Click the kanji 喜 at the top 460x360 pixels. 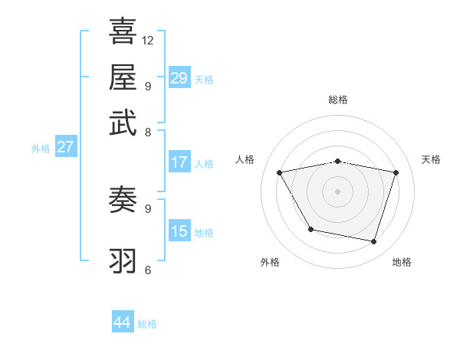[123, 31]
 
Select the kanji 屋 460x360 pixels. [123, 77]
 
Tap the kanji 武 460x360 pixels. [123, 122]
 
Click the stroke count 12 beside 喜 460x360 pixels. [148, 40]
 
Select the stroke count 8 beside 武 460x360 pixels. [147, 132]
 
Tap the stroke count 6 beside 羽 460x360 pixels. [147, 270]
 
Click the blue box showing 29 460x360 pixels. [179, 78]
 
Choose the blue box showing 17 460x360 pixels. [179, 162]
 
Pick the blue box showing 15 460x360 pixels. [179, 231]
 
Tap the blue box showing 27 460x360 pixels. [65, 147]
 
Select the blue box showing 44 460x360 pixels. [123, 323]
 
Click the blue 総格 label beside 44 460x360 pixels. [147, 324]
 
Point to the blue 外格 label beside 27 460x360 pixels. [40, 149]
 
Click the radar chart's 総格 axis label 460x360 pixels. [338, 100]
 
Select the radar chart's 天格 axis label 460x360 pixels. [432, 159]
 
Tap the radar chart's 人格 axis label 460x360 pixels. [245, 159]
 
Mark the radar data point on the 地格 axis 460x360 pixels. [374, 242]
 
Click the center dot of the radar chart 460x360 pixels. [338, 191]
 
